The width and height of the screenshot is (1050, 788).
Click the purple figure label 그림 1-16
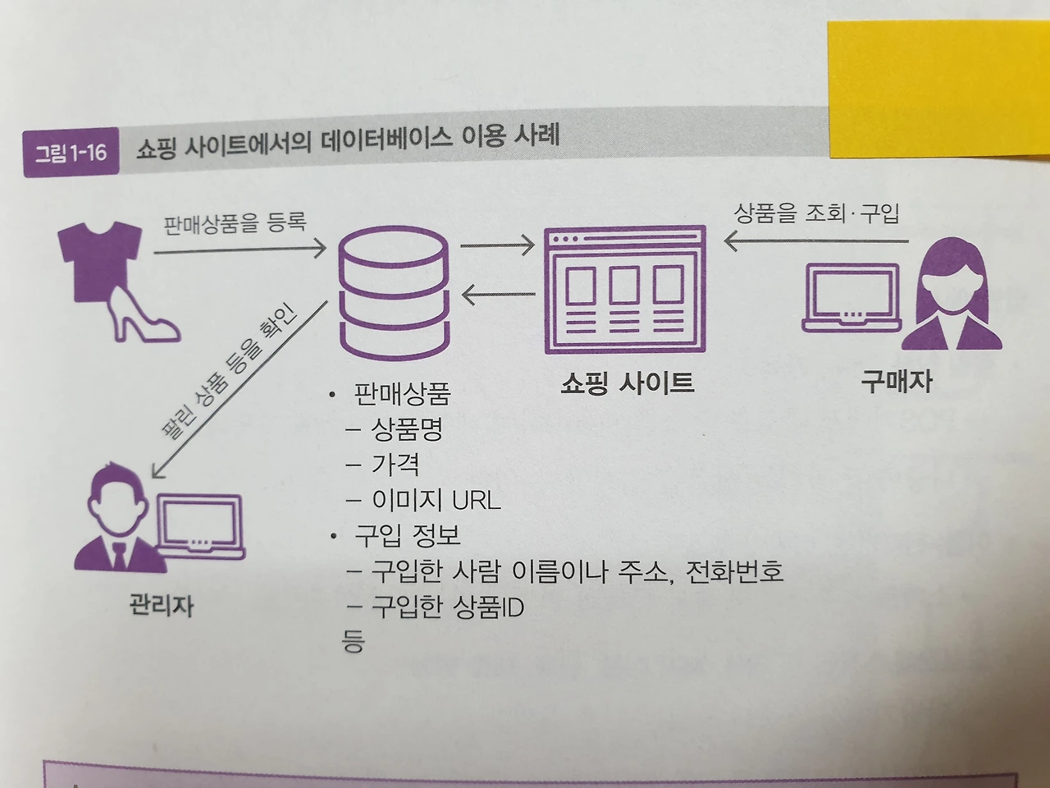71,152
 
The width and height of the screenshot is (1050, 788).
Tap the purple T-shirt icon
99,259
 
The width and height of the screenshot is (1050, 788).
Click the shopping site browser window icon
625,289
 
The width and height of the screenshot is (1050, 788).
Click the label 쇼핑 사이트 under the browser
628,383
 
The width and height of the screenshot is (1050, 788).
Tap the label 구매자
897,381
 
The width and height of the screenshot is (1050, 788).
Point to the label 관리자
162,606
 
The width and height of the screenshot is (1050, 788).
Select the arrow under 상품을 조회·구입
816,241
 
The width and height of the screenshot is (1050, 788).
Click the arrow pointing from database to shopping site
497,245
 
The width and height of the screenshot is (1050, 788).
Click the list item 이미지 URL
436,500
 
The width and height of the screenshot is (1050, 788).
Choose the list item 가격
395,465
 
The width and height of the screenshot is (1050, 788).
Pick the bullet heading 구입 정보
407,535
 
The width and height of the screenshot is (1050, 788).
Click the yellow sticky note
939,86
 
